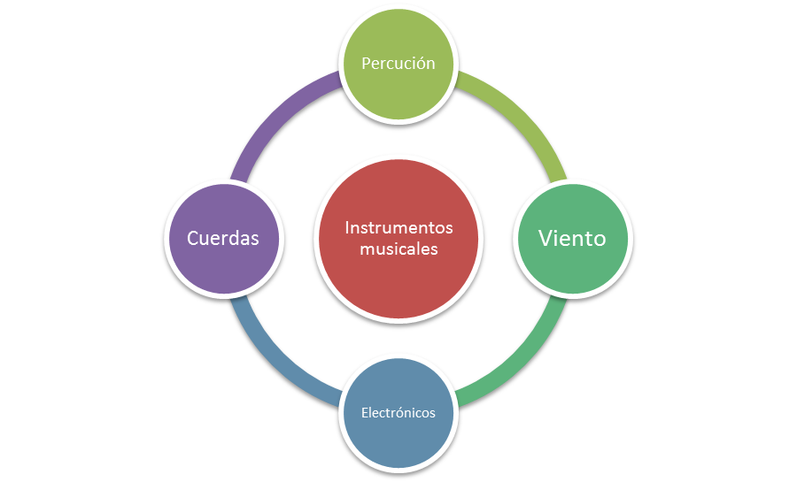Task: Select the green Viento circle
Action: [573, 262]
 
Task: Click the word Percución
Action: [398, 64]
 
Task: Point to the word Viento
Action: [573, 238]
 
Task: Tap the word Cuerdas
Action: [223, 239]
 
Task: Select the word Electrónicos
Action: [398, 413]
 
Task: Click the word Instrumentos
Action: [398, 228]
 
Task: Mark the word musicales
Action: [398, 249]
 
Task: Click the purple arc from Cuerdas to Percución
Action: [275, 115]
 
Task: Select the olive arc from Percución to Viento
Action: [522, 115]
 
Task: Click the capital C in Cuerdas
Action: [193, 239]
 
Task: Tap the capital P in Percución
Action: [366, 64]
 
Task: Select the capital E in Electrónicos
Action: [364, 413]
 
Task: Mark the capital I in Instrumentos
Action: [346, 228]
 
